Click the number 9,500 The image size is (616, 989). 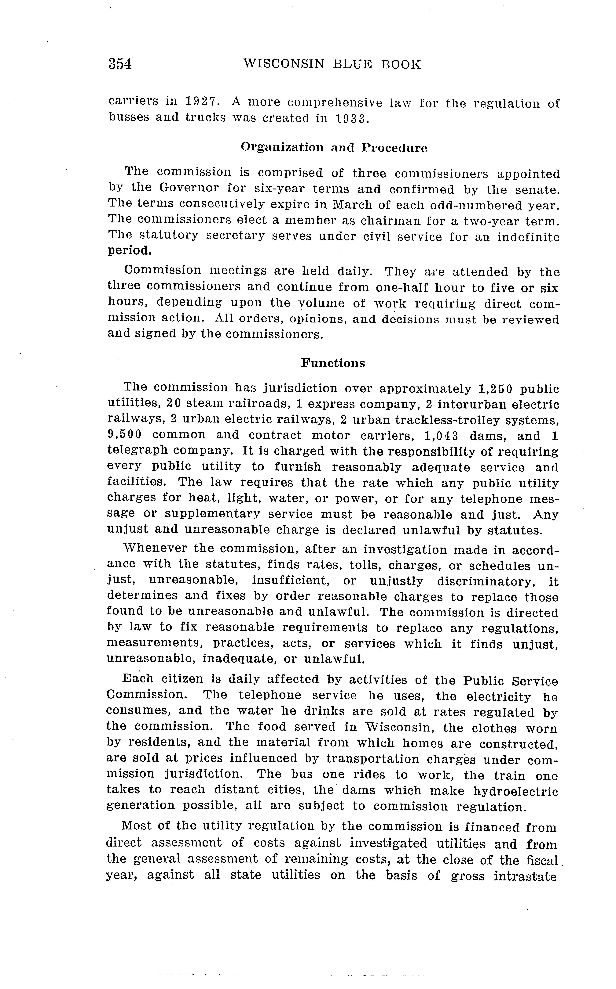[x=124, y=435]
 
